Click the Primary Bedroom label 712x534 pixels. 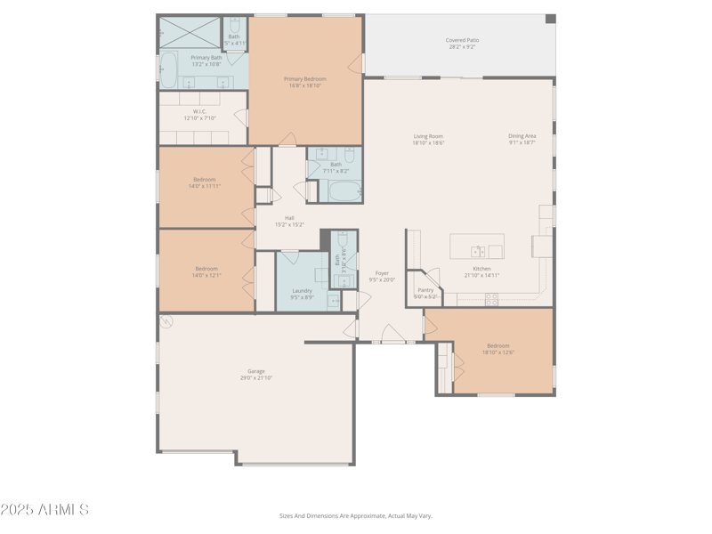coord(305,79)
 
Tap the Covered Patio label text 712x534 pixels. coord(461,40)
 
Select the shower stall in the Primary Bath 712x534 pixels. coord(190,32)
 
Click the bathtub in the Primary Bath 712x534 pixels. coord(168,69)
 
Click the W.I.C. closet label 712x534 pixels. coord(199,112)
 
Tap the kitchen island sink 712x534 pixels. coord(478,252)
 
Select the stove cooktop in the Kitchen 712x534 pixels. coord(491,299)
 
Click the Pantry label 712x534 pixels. coord(425,290)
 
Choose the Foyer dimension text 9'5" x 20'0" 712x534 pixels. coord(382,280)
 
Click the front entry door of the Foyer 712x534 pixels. coord(393,336)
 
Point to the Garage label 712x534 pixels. coord(256,371)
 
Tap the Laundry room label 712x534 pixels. coord(302,290)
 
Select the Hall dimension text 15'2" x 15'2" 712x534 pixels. coord(289,224)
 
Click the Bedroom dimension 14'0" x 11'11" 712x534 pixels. coord(204,186)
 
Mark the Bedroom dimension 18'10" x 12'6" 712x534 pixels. coord(498,352)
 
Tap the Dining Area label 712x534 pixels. coord(522,136)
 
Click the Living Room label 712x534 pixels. coord(428,136)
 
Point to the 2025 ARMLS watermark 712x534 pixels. coord(44,510)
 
